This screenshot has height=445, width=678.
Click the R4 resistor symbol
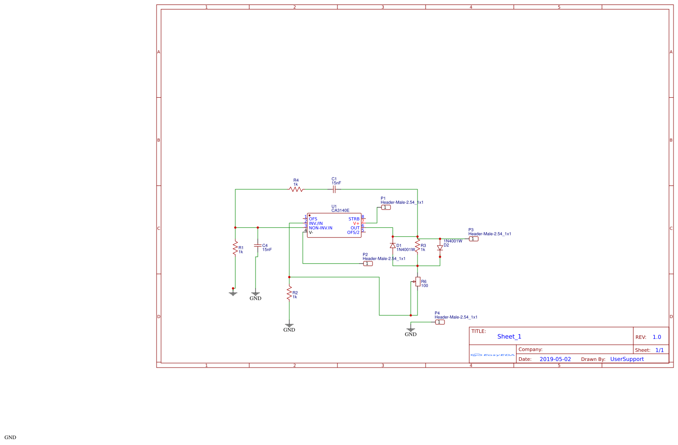(296, 189)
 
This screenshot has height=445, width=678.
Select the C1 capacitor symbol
(334, 189)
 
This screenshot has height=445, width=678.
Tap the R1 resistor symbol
(235, 248)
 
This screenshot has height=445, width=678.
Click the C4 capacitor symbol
(257, 246)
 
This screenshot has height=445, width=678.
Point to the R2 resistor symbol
(289, 293)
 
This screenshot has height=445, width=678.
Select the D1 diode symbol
(393, 246)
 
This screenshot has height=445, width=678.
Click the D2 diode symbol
(440, 247)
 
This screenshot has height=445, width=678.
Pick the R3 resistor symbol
(418, 246)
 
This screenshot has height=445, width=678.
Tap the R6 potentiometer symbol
(418, 282)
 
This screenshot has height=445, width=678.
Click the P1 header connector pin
(386, 207)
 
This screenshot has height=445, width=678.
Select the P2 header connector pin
(368, 264)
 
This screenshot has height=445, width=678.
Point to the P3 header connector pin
(474, 239)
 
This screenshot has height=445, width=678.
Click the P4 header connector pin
(440, 322)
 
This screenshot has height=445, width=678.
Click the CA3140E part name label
(340, 211)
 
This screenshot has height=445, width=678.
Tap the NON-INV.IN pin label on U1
(320, 228)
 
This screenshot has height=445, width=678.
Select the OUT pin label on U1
(355, 228)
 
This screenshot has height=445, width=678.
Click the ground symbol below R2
(289, 325)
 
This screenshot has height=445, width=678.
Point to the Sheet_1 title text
(509, 337)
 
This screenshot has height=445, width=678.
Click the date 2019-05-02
(555, 359)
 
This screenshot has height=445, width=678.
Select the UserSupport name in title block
(627, 359)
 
